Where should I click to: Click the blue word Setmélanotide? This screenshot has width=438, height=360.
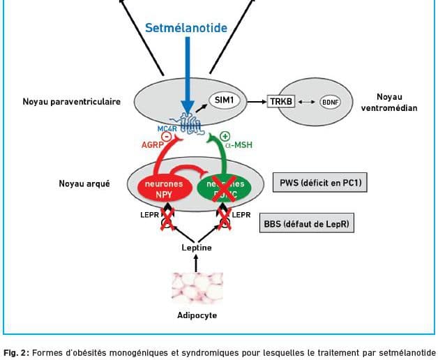[x=186, y=29]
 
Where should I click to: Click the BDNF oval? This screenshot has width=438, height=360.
[x=329, y=102]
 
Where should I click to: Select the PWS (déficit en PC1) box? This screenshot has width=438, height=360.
[x=320, y=184]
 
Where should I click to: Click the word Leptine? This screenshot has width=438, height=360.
[x=197, y=248]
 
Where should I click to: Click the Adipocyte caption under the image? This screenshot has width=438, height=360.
[x=197, y=315]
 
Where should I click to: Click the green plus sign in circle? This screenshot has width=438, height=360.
[x=225, y=137]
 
